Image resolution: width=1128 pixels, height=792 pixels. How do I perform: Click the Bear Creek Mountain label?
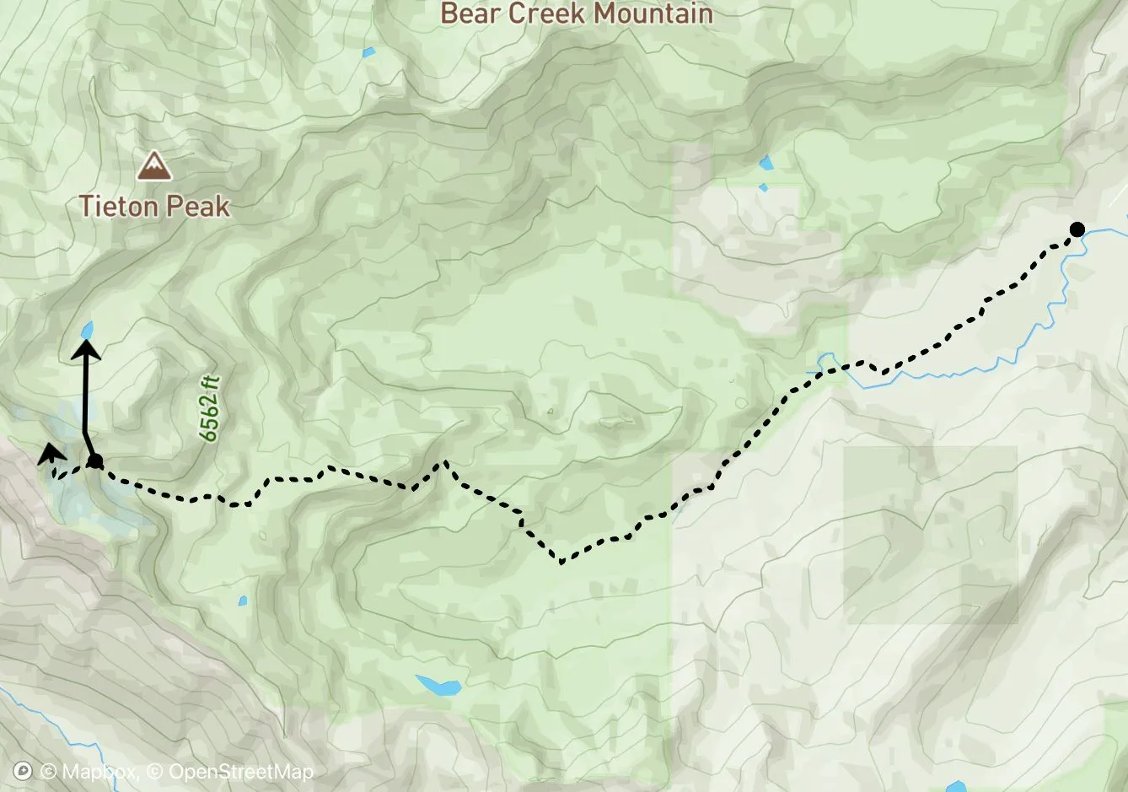click(577, 13)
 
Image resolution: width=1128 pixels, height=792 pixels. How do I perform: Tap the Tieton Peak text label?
click(154, 206)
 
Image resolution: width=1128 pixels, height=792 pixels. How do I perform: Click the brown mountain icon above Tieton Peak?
click(153, 166)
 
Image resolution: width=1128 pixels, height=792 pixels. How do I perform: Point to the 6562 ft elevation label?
click(209, 409)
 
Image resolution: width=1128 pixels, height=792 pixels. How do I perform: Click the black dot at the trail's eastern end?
click(1077, 229)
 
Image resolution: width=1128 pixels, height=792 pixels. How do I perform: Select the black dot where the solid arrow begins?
click(95, 461)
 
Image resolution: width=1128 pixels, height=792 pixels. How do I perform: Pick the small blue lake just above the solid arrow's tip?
click(86, 330)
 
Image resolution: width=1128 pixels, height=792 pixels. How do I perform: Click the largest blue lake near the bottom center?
click(438, 684)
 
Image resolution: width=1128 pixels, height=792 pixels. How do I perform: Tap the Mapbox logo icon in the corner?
click(24, 771)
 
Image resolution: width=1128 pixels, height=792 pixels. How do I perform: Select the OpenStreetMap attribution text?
click(240, 772)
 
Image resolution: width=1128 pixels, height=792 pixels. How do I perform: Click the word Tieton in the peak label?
click(116, 206)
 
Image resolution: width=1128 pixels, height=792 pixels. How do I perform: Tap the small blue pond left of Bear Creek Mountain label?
click(368, 53)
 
